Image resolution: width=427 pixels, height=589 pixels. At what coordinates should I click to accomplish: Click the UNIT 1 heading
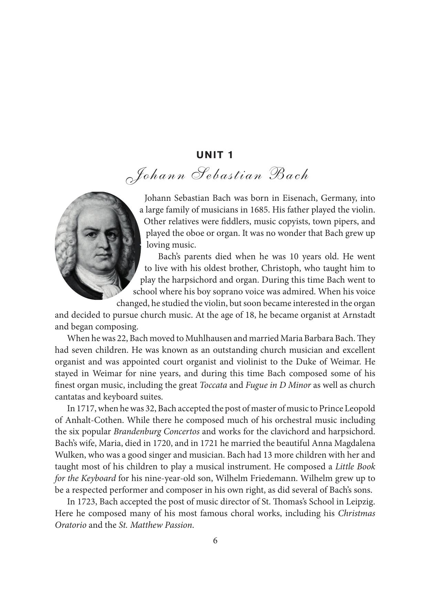215,155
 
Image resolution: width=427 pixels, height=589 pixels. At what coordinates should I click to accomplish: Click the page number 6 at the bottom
215,541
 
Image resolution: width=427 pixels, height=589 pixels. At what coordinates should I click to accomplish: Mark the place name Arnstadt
359,315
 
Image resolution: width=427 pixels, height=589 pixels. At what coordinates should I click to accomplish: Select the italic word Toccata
213,385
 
